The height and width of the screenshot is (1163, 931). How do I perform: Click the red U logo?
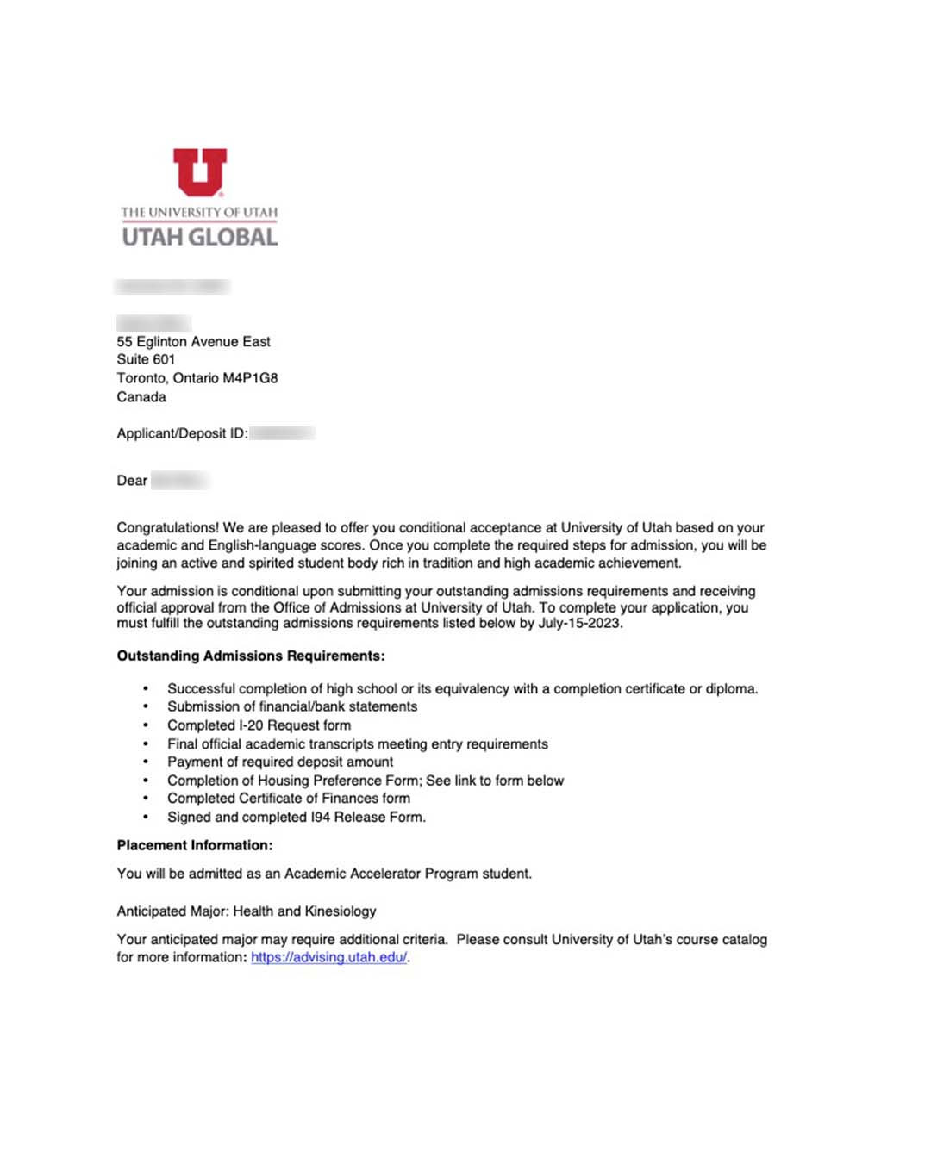(200, 171)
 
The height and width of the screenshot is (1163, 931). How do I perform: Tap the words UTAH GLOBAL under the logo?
(200, 237)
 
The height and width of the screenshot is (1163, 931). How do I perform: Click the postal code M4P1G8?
(250, 378)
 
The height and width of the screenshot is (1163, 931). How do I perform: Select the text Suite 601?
(146, 359)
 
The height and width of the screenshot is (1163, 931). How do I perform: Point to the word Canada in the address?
(141, 397)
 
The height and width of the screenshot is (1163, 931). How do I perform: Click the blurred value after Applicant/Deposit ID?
(283, 433)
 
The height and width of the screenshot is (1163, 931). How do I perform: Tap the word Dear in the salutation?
(132, 481)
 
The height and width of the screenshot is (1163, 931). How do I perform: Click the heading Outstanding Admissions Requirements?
(251, 656)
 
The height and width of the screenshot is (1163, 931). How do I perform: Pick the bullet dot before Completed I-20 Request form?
(146, 725)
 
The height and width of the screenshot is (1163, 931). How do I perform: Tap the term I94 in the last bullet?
(321, 817)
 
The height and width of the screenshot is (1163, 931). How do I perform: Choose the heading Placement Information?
(195, 845)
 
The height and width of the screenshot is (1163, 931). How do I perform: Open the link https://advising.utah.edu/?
(328, 957)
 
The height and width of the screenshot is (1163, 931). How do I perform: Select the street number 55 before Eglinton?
(125, 342)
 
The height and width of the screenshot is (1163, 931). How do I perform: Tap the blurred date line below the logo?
(172, 286)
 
